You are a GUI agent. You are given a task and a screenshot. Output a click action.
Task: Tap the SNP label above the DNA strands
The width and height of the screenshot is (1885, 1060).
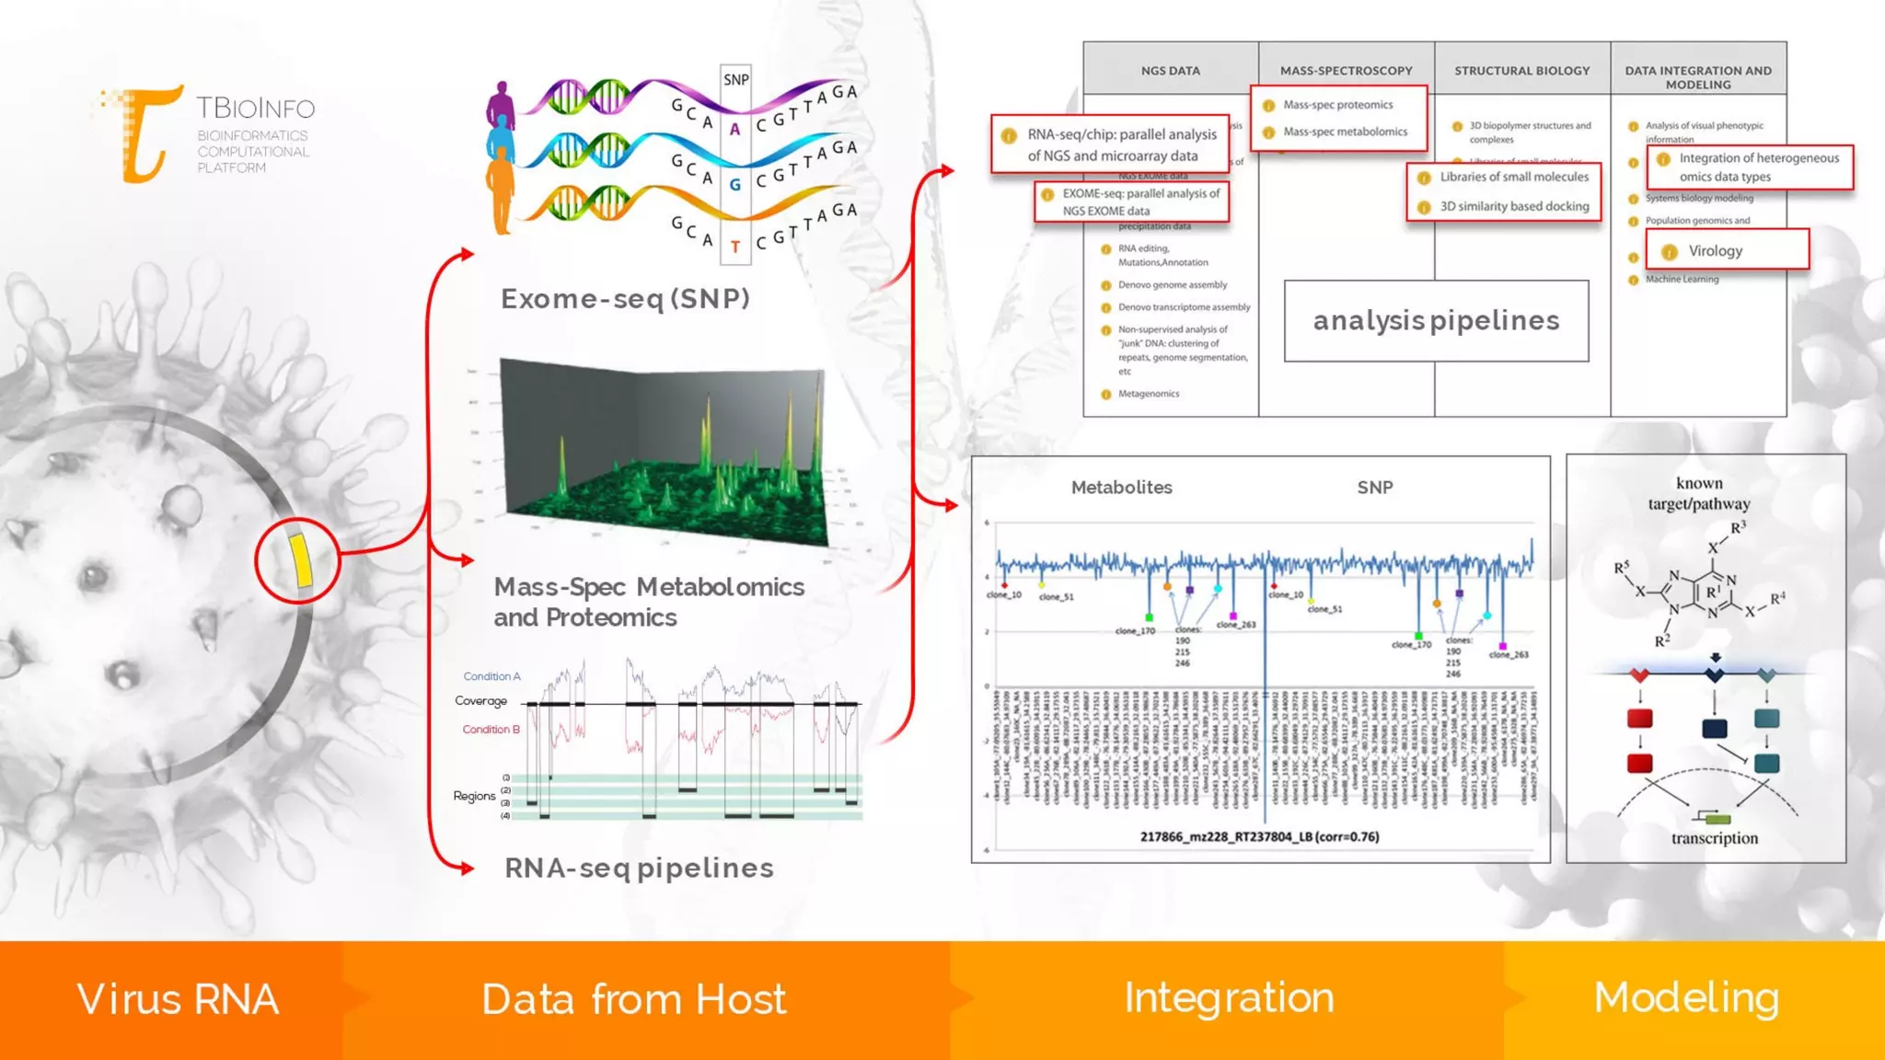[x=735, y=80]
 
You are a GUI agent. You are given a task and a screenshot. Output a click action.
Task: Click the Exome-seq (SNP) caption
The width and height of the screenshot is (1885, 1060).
[x=625, y=299]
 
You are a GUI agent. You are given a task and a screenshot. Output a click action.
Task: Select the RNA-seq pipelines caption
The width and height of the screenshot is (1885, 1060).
[x=639, y=868]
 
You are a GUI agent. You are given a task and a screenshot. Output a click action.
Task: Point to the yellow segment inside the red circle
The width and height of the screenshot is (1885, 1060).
[x=301, y=559]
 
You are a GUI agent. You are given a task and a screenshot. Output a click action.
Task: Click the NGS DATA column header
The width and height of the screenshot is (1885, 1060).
[x=1170, y=70]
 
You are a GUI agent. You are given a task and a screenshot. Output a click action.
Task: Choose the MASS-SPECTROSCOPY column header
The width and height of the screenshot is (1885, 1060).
[x=1346, y=70]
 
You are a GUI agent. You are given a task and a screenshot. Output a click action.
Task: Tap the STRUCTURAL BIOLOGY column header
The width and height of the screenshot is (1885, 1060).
[x=1521, y=70]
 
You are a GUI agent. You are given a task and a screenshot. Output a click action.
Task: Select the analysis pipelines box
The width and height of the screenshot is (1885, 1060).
[x=1436, y=320]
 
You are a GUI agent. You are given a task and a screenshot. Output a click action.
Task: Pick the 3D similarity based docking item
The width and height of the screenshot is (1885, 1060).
[x=1513, y=206]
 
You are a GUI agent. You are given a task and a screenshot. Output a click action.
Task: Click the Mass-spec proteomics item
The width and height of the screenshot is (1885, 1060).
[x=1337, y=105]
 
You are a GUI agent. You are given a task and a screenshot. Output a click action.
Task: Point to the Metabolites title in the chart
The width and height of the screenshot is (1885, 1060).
[x=1121, y=488]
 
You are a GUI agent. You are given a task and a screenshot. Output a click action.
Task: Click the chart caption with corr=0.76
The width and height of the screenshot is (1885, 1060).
[x=1259, y=836]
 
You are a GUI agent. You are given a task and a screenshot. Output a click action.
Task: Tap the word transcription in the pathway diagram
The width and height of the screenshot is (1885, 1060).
[x=1714, y=838]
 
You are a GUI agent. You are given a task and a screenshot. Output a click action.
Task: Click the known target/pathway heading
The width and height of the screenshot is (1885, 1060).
[x=1699, y=493]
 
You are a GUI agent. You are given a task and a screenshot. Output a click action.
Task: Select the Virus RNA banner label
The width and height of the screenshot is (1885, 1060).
[x=178, y=999]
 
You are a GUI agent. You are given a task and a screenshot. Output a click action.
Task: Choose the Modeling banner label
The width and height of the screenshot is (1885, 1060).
[x=1686, y=998]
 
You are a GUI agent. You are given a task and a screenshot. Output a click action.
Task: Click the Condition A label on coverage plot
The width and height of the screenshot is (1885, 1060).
[x=491, y=676]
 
